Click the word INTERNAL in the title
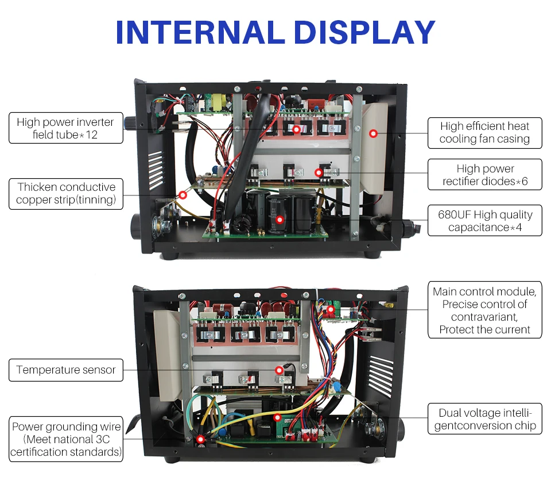tap(200, 32)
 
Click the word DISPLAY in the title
tap(364, 32)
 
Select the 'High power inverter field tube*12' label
tap(66, 128)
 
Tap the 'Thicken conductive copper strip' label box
tap(66, 194)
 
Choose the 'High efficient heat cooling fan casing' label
tap(485, 133)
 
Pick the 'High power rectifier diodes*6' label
tap(485, 175)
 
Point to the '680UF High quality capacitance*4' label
tap(485, 221)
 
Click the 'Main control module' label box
tap(485, 310)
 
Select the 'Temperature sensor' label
tap(66, 370)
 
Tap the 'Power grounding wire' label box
tap(66, 439)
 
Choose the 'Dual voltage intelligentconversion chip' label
tap(485, 419)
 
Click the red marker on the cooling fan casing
tap(374, 133)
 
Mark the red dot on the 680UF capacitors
tap(280, 220)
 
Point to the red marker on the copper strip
tap(183, 195)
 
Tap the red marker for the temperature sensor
tap(280, 370)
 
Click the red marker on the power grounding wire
tap(200, 439)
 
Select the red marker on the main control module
tap(331, 310)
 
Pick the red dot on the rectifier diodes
tap(319, 173)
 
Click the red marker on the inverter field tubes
tap(296, 129)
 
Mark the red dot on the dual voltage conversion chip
tap(277, 418)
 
